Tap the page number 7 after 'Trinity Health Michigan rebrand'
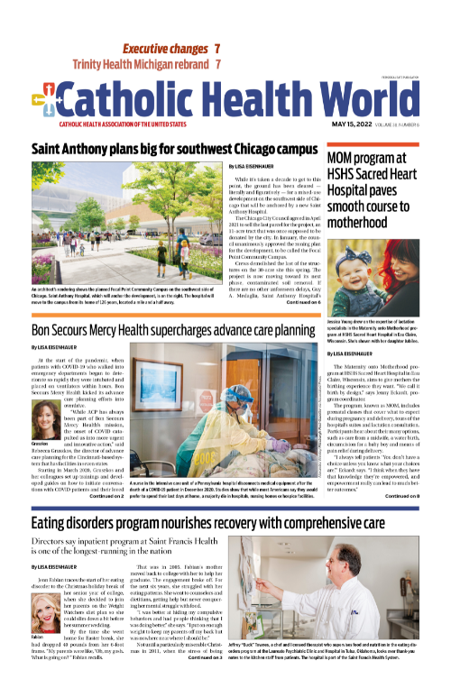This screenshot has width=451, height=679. click(x=219, y=65)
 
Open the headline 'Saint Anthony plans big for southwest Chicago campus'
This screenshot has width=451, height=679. click(x=167, y=149)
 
